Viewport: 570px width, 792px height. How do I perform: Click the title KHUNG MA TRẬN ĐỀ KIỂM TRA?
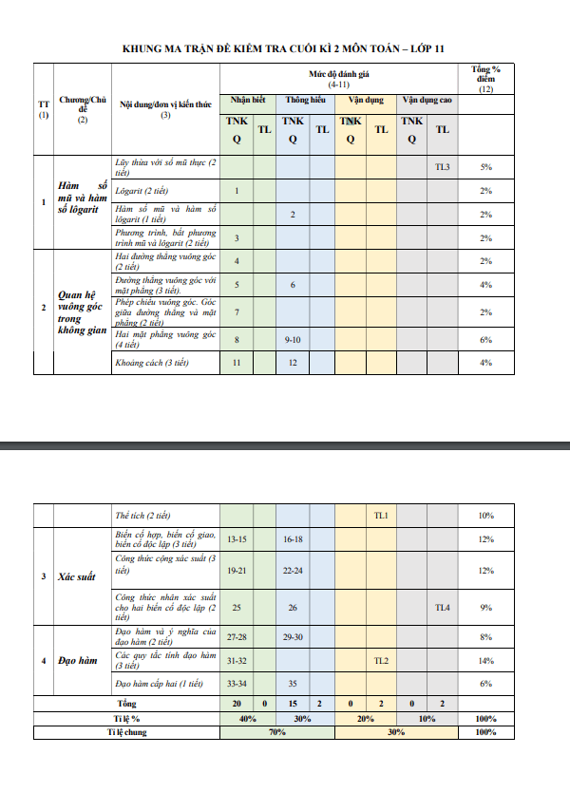coord(284,48)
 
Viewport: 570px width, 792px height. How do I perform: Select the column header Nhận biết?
coord(248,100)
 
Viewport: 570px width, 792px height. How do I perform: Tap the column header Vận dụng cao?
coord(427,100)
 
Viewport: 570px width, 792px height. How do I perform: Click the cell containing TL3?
coord(443,167)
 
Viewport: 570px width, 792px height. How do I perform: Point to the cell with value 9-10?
coord(293,339)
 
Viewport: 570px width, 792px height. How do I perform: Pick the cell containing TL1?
coord(381,515)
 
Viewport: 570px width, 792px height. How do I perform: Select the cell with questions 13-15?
coord(237,538)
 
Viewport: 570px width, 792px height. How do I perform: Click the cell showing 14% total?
coord(486,660)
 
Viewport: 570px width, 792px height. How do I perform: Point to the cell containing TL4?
coord(443,607)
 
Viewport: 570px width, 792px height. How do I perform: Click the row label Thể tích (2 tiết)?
coord(142,515)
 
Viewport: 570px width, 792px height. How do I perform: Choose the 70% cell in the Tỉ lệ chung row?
coord(277,733)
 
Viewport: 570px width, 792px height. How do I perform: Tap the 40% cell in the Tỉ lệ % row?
coord(249,719)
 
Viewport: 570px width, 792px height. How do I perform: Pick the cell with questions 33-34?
coord(237,683)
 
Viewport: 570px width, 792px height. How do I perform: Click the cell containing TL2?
coord(381,660)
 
